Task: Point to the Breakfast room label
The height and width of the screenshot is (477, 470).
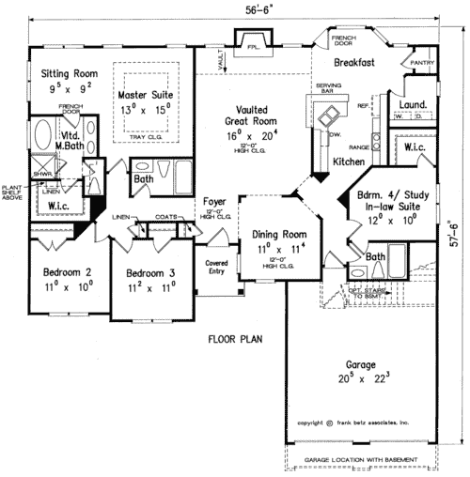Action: tap(353, 62)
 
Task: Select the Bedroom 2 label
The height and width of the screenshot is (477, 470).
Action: tap(67, 273)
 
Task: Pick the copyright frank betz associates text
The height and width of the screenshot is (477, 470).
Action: tap(353, 425)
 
